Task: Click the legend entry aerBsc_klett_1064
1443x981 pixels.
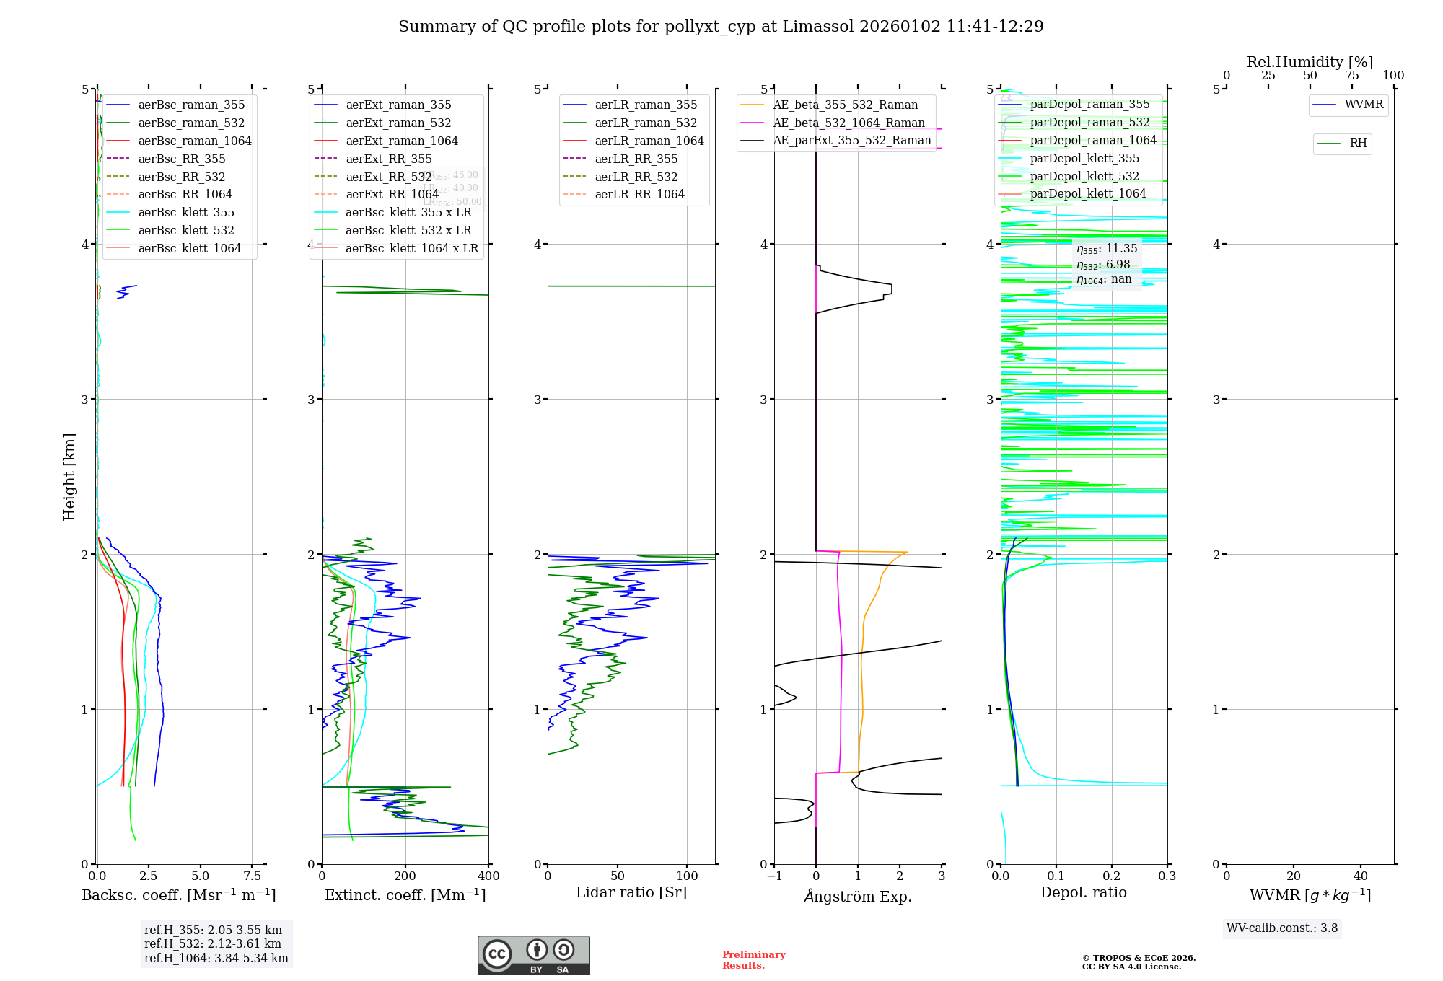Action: coord(189,248)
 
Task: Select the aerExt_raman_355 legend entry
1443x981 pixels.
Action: coord(398,105)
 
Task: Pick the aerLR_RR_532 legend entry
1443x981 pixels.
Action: coord(636,177)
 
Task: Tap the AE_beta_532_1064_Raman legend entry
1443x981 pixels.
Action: coord(848,123)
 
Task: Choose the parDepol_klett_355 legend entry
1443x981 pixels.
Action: coord(1084,158)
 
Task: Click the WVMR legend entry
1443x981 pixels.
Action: coord(1364,105)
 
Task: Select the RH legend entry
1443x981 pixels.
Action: coord(1358,144)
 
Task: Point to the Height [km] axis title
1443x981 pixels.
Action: coord(69,476)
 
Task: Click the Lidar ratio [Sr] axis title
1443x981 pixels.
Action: coord(631,892)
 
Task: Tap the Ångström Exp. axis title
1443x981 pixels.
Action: coord(858,896)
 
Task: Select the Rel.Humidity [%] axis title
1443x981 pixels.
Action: coord(1310,62)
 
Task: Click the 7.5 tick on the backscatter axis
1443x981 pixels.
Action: coord(253,876)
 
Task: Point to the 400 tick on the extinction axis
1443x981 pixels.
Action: coord(488,876)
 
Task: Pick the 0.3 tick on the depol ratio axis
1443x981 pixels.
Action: coord(1167,876)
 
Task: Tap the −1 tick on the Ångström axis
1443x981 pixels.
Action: coord(774,876)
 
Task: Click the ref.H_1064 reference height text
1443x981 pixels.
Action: coord(216,958)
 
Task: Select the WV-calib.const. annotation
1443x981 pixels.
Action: coord(1282,928)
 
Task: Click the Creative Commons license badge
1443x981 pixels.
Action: coord(533,955)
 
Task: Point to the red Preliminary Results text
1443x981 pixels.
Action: coord(753,959)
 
